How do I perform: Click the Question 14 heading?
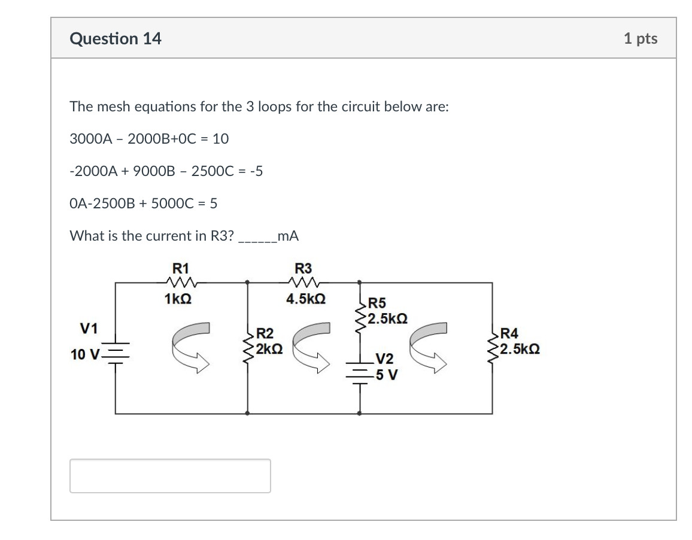[x=116, y=39]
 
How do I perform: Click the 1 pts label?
[x=640, y=39]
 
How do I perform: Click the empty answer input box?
[x=170, y=476]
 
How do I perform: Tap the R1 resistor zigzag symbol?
[x=180, y=283]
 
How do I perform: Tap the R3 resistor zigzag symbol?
[x=305, y=283]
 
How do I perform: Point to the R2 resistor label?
[x=264, y=334]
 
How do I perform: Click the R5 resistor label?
[x=377, y=304]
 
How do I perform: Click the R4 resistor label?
[x=511, y=334]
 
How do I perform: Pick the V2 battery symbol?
[x=360, y=373]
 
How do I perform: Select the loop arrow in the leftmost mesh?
[x=190, y=347]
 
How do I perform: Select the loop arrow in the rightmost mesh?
[x=428, y=347]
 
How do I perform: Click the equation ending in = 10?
[x=149, y=139]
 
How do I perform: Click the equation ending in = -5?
[x=166, y=171]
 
